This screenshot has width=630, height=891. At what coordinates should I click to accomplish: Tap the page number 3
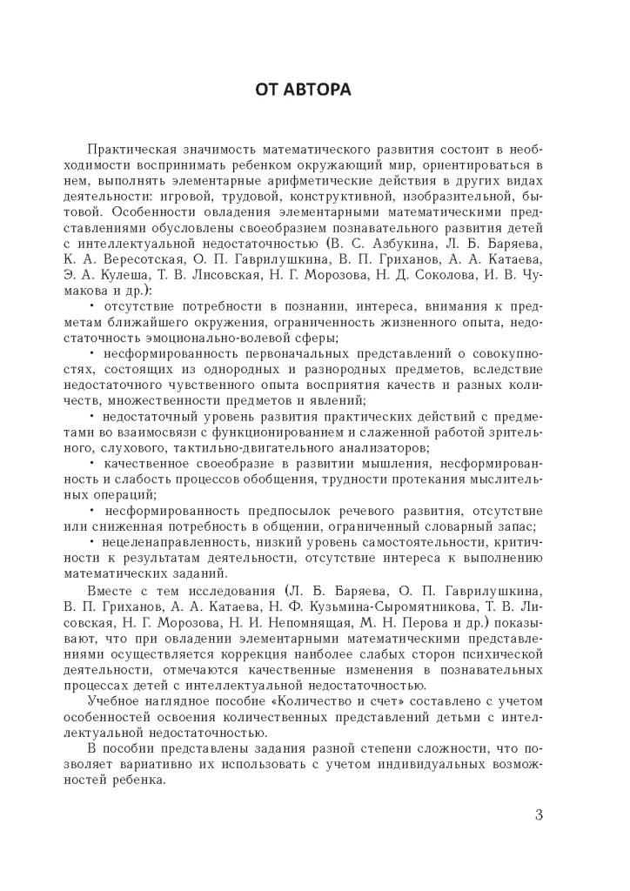pos(539,815)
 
